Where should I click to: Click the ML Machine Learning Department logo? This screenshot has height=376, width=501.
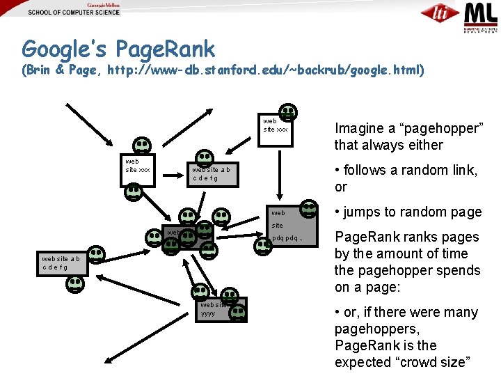(480, 15)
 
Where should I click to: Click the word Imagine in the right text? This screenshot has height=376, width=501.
(359, 128)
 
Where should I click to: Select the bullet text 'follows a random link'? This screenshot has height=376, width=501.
(411, 170)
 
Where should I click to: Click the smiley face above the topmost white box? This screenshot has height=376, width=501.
(287, 111)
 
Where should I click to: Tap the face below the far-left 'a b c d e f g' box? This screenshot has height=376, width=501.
(75, 284)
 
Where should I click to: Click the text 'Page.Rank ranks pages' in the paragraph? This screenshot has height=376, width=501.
(407, 237)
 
